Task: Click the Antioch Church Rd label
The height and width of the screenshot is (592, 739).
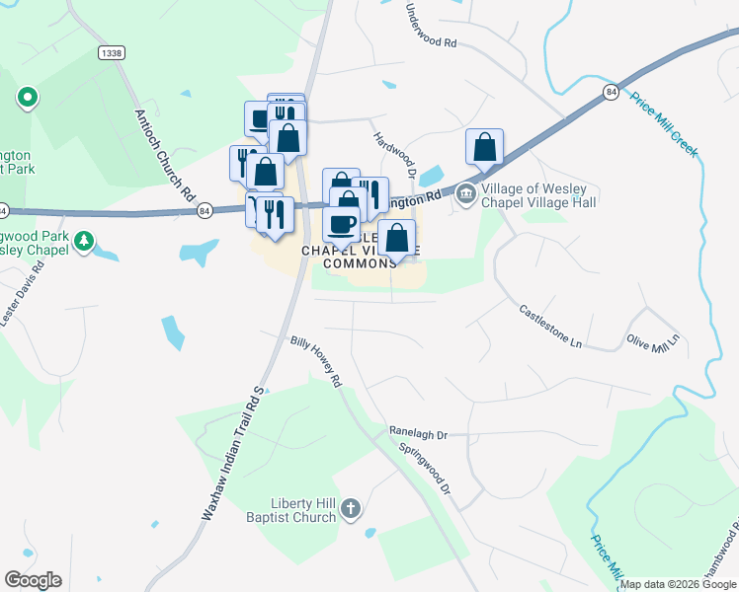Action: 164,151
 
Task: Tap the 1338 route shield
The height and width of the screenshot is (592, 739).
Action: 110,51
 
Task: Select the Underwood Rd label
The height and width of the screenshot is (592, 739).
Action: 432,29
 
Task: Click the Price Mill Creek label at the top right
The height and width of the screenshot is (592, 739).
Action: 664,124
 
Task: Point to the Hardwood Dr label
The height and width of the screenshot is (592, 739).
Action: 391,154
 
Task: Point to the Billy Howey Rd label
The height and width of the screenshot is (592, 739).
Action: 315,361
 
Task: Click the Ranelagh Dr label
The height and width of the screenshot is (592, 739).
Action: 418,432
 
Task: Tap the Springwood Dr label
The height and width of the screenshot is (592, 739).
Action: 425,468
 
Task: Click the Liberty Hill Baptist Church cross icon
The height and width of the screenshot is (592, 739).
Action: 351,510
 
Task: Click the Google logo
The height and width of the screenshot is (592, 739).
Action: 33,580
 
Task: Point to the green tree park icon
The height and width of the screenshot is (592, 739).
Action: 85,240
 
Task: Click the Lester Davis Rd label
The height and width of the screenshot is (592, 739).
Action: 22,300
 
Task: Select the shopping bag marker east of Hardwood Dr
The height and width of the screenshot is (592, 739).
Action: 485,149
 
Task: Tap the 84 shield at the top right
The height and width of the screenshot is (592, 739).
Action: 612,92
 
